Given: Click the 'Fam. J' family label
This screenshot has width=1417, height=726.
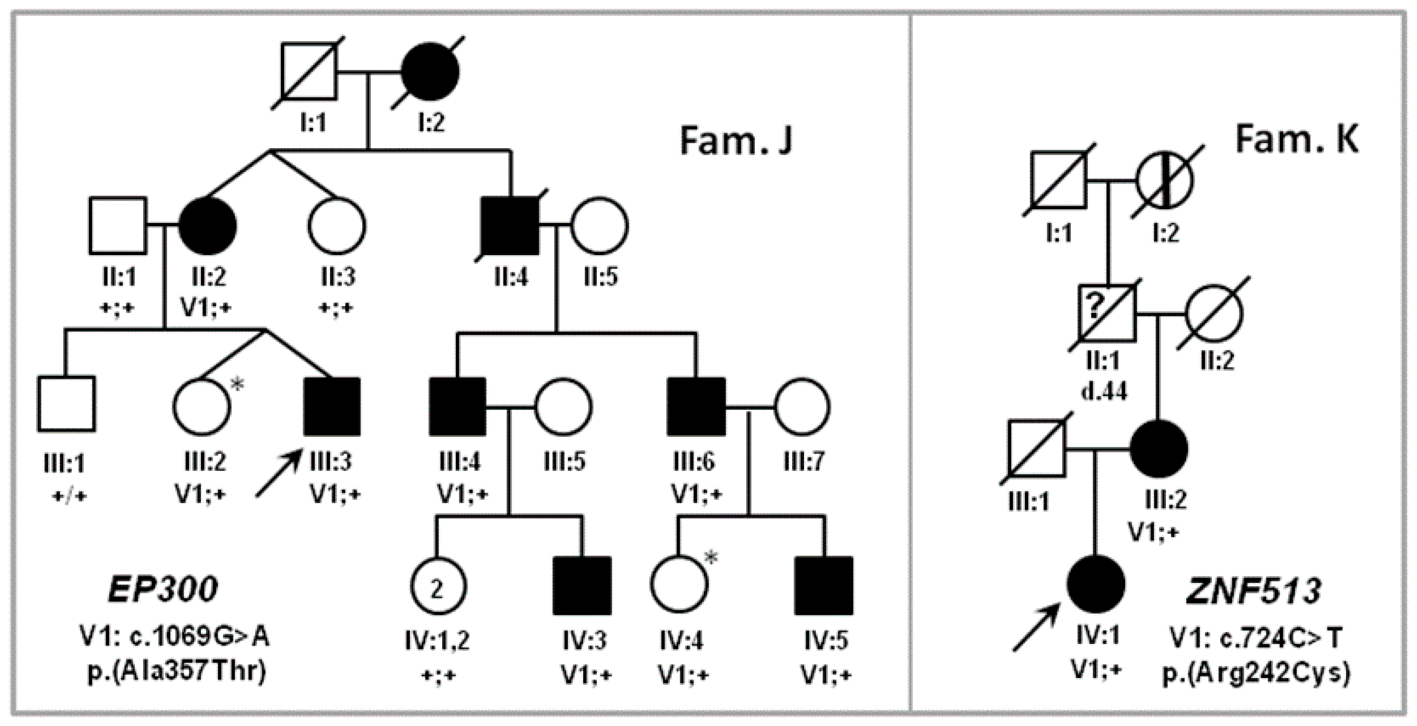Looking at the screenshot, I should tap(736, 141).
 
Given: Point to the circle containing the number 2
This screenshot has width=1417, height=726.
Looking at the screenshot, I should tap(438, 586).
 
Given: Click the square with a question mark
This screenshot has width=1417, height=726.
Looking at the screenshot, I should tap(1107, 314).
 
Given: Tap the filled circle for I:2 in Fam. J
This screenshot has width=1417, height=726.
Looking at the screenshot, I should tap(430, 72).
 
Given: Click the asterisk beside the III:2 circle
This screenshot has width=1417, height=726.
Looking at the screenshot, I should tap(237, 385).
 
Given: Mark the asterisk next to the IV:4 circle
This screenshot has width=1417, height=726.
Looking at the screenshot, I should tap(711, 558).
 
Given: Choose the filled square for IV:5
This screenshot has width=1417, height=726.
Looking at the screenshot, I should tap(824, 586).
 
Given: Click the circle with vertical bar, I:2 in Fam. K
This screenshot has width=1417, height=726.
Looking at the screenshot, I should tap(1164, 181).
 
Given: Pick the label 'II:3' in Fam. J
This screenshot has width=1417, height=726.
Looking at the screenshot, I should tap(338, 276).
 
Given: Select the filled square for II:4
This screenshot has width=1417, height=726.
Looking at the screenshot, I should tap(510, 226).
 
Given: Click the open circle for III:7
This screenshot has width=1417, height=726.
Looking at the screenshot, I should tap(802, 407).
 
